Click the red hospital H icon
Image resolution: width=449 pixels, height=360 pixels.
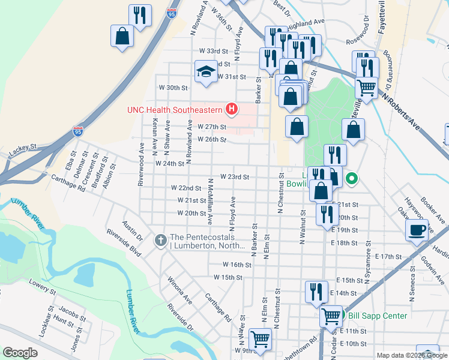pyautogui.click(x=231, y=109)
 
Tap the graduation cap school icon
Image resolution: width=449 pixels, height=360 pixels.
pyautogui.click(x=205, y=71)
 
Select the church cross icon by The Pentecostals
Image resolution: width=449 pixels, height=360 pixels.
pyautogui.click(x=160, y=241)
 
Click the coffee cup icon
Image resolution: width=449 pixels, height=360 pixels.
pyautogui.click(x=417, y=230)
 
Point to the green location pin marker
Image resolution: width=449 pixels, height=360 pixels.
pyautogui.click(x=352, y=178)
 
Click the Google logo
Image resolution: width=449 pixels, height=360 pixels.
pyautogui.click(x=20, y=353)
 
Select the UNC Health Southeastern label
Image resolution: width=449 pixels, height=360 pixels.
pyautogui.click(x=174, y=110)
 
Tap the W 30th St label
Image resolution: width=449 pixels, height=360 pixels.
pyautogui.click(x=173, y=88)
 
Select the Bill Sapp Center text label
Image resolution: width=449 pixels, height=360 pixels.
pyautogui.click(x=378, y=316)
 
